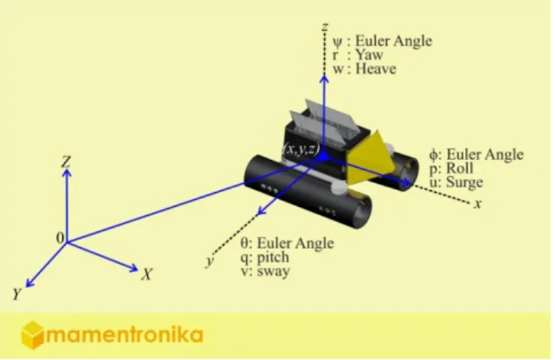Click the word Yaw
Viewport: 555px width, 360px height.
pyautogui.click(x=369, y=55)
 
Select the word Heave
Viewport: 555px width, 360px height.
pyautogui.click(x=376, y=69)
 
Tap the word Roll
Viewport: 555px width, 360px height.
pyautogui.click(x=460, y=169)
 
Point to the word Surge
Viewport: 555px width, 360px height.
pyautogui.click(x=465, y=183)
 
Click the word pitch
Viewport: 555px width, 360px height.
pyautogui.click(x=273, y=257)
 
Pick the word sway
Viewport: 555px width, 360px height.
pyautogui.click(x=273, y=272)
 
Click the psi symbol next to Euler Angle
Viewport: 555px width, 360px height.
pyautogui.click(x=337, y=41)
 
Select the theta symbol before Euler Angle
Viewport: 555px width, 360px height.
pyautogui.click(x=245, y=244)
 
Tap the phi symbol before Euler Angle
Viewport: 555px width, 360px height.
pyautogui.click(x=433, y=155)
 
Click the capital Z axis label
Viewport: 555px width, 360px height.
pyautogui.click(x=66, y=162)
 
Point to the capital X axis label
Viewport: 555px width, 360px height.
pyautogui.click(x=147, y=274)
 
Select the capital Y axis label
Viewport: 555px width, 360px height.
pyautogui.click(x=17, y=294)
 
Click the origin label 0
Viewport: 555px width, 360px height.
pyautogui.click(x=60, y=238)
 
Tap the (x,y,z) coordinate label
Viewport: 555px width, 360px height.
pyautogui.click(x=301, y=149)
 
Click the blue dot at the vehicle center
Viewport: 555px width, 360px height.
pyautogui.click(x=323, y=157)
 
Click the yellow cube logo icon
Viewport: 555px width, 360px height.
pyautogui.click(x=33, y=335)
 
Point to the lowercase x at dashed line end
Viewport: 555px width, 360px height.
pyautogui.click(x=478, y=204)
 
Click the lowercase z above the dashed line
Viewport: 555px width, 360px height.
pyautogui.click(x=324, y=27)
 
